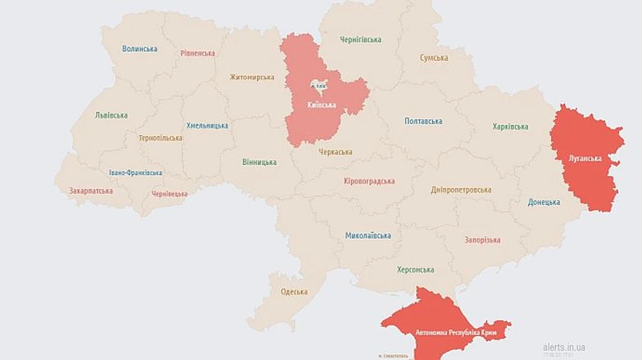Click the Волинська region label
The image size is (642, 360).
139,48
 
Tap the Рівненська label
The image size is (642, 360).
197,53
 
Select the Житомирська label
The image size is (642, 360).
251,77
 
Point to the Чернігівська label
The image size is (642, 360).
360,40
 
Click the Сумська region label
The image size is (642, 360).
434,58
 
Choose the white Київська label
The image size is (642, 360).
321,105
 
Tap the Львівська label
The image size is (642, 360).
111,115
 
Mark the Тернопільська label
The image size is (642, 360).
160,138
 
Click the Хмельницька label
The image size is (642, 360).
207,125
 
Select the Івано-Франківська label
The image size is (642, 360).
135,173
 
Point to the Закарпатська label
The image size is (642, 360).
91,191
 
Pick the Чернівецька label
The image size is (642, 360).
169,194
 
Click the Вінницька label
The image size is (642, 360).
259,163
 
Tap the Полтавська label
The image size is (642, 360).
423,121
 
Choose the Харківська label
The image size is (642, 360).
510,127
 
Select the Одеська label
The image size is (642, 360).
294,292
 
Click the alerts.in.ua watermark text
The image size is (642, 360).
564,347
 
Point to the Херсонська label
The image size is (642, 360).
415,269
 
